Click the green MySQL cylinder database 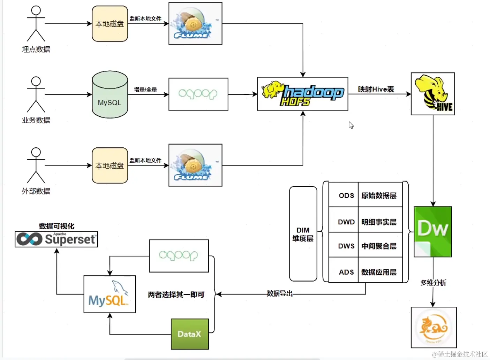[x=110, y=95]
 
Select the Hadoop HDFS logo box [x=302, y=94]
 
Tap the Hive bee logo [x=432, y=94]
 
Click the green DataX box [x=190, y=334]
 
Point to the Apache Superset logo [x=56, y=239]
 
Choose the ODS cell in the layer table [x=346, y=196]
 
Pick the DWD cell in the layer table [x=346, y=222]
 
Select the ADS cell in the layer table [x=346, y=272]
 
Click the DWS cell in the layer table [x=346, y=246]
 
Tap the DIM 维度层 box [x=303, y=234]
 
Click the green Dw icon [x=432, y=231]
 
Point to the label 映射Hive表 [x=376, y=89]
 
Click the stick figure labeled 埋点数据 [x=36, y=24]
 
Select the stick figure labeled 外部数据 [x=36, y=166]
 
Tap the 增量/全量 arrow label [x=145, y=90]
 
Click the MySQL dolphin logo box [x=110, y=294]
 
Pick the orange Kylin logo [x=434, y=327]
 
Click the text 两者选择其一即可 [x=176, y=294]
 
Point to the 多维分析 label [x=433, y=283]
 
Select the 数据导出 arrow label [x=279, y=293]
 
